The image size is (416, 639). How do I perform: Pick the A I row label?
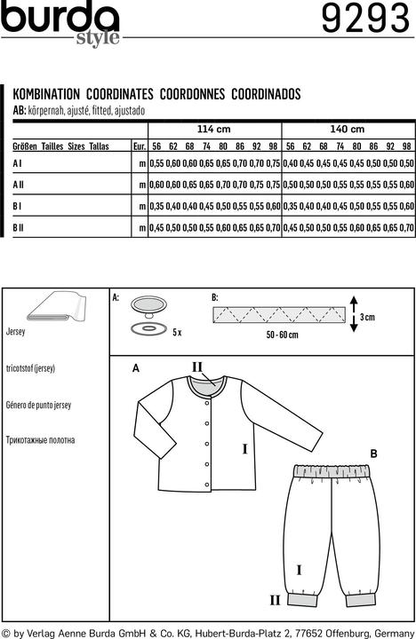tap(18, 164)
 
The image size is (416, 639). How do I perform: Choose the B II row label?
tap(19, 228)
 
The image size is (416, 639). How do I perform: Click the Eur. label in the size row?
tap(139, 146)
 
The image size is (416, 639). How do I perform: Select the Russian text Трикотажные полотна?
tap(52, 439)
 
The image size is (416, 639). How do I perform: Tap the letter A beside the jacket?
tap(136, 367)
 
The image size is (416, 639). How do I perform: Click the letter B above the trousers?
tap(373, 454)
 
